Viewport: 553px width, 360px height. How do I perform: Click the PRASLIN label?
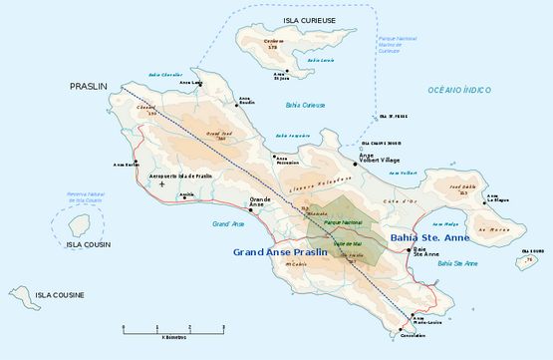coord(88,87)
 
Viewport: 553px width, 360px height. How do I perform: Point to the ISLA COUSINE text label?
coord(60,295)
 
